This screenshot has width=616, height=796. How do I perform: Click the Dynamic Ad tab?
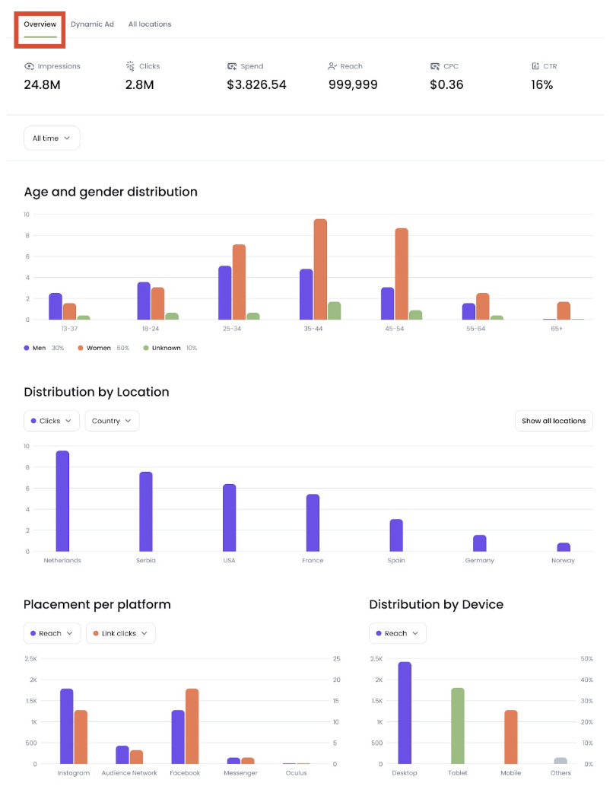click(x=92, y=24)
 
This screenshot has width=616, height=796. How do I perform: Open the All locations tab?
click(x=150, y=24)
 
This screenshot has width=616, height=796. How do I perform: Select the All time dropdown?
click(x=52, y=139)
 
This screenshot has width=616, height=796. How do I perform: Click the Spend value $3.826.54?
click(x=256, y=84)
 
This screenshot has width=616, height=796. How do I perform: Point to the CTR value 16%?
click(x=541, y=84)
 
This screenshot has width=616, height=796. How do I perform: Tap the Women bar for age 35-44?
click(x=320, y=269)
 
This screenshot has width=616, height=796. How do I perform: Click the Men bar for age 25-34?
click(x=224, y=293)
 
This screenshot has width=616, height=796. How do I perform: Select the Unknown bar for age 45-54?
click(x=415, y=315)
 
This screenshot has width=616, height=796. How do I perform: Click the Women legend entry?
click(x=98, y=348)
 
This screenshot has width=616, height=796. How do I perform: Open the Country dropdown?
click(x=112, y=421)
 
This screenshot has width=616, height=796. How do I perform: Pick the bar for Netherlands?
click(x=62, y=501)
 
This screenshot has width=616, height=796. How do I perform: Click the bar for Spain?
click(x=396, y=536)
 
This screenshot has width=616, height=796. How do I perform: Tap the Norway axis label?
click(x=564, y=561)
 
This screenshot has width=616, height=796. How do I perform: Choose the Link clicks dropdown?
click(x=120, y=633)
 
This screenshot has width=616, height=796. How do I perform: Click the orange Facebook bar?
click(x=192, y=727)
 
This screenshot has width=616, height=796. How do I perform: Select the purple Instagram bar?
click(x=67, y=727)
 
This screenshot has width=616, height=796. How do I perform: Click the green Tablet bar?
click(x=457, y=726)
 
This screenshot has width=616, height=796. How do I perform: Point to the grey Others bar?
click(x=560, y=761)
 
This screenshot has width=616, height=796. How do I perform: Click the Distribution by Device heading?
click(x=436, y=604)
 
